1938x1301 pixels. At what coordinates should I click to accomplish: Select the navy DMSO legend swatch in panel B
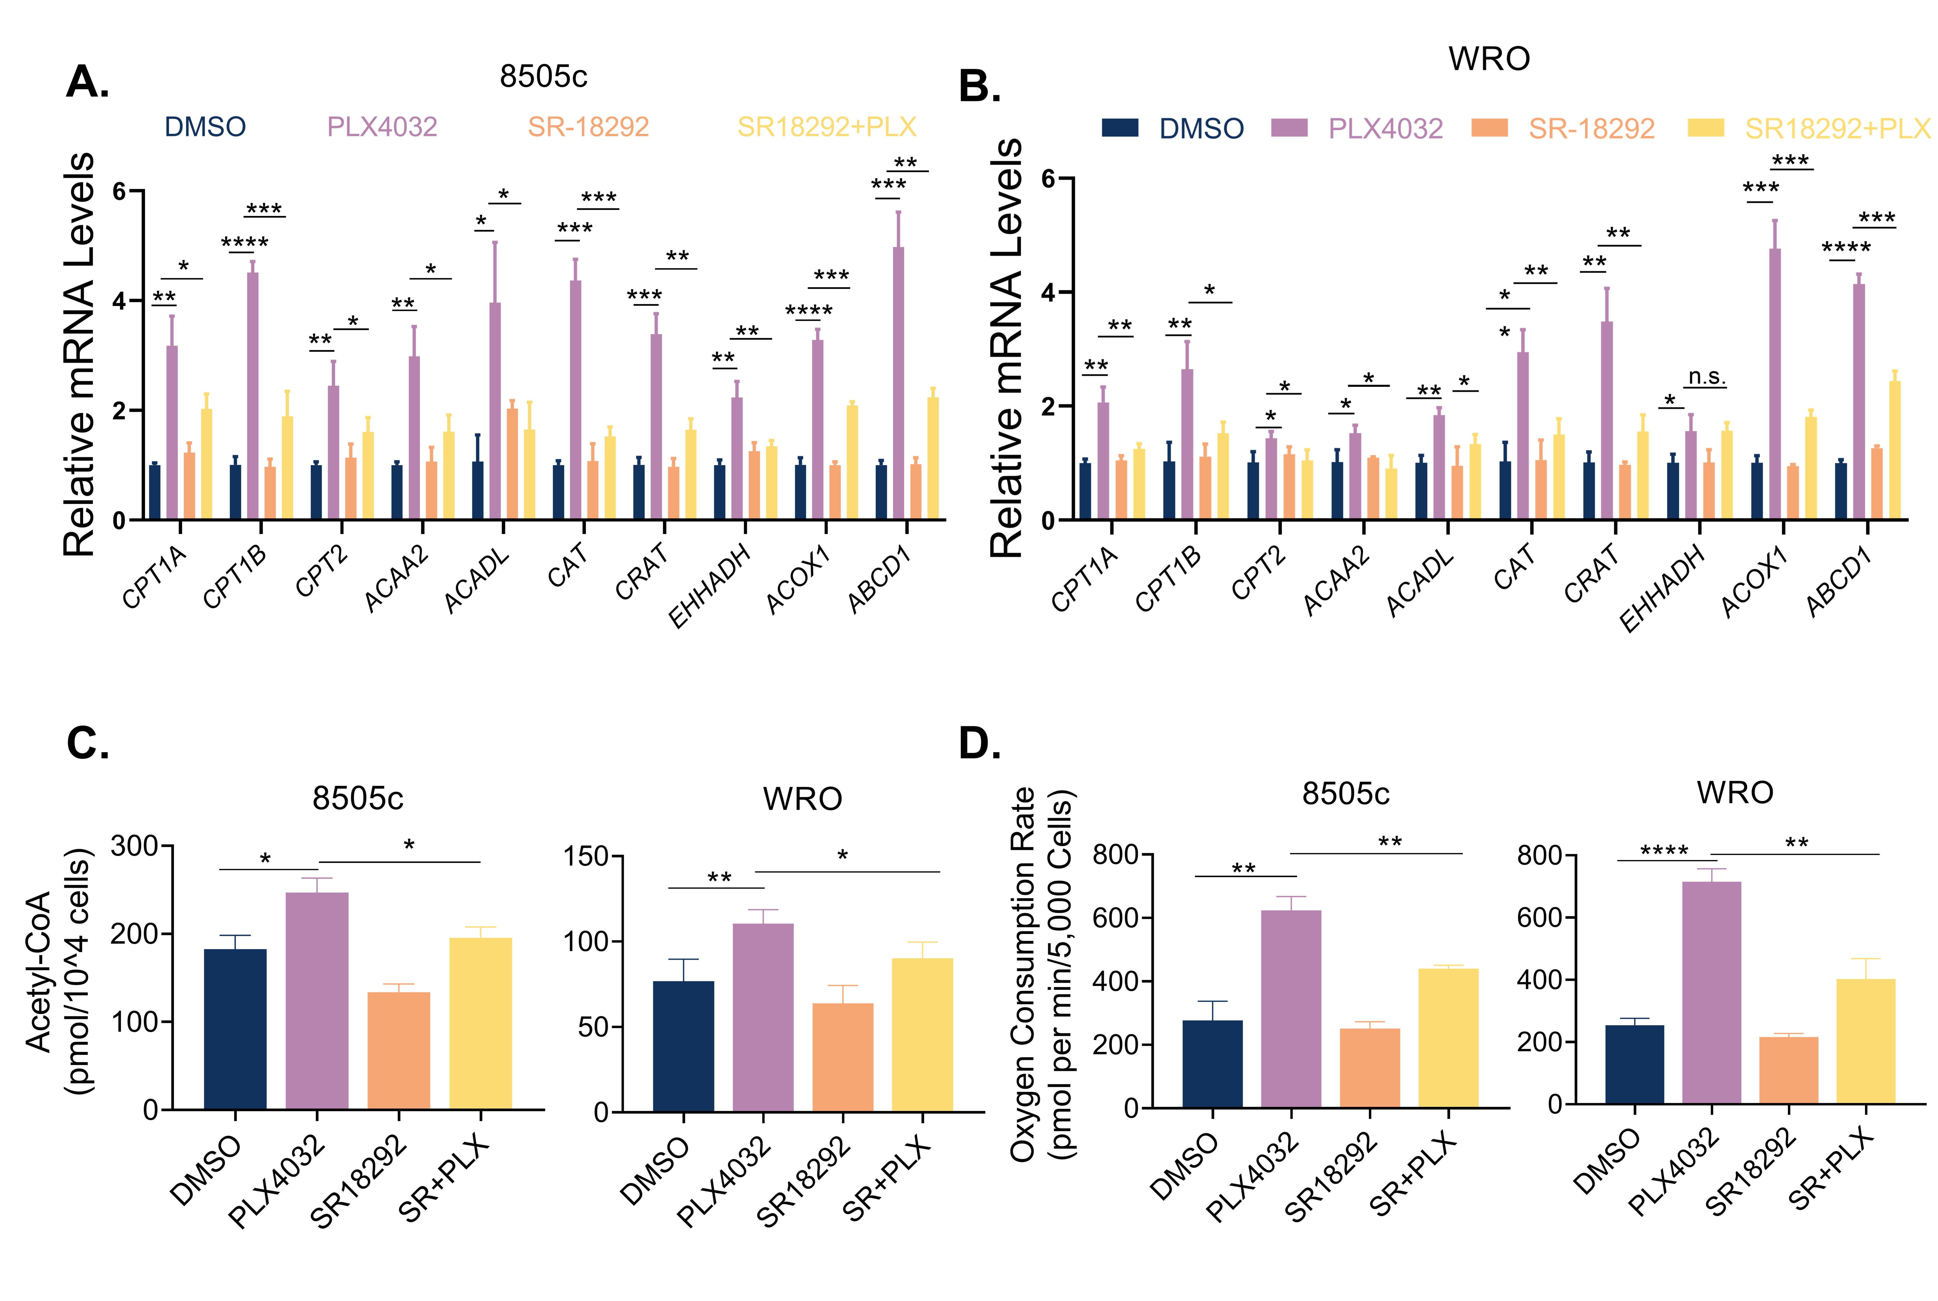pos(1120,128)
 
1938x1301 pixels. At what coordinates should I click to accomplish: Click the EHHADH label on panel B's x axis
pos(1662,589)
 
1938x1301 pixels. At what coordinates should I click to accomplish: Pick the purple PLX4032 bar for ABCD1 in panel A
pos(898,383)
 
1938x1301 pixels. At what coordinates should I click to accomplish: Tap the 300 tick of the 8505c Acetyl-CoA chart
pos(134,846)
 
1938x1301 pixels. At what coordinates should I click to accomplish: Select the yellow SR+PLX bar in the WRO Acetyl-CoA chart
pos(922,1035)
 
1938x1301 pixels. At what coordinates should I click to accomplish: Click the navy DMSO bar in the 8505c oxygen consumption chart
pos(1212,1064)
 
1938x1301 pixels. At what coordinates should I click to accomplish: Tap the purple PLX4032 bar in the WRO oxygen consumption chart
pos(1712,992)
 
